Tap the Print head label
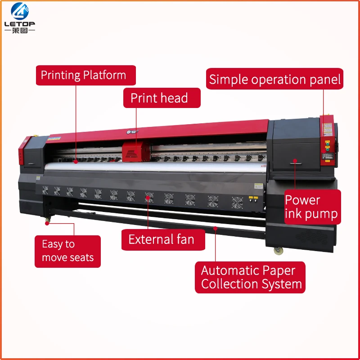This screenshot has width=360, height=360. pos(162,98)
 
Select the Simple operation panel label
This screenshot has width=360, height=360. pos(275,80)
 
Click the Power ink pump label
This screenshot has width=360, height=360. pos(312,207)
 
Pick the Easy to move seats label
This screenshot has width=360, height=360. pos(67,251)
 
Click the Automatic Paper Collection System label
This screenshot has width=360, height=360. pos(250,277)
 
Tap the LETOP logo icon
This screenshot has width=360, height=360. pos(19,11)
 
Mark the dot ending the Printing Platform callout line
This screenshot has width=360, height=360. pos(76,161)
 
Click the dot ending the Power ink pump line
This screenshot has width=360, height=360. pos(295,161)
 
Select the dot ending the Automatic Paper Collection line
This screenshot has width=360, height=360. pos(215,229)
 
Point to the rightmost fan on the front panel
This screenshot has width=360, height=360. pos(236,202)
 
